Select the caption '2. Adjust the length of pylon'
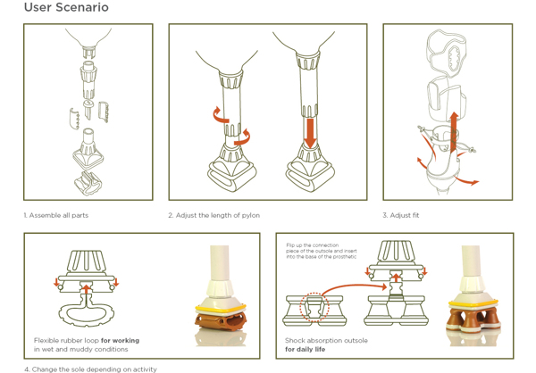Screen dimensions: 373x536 click(214, 215)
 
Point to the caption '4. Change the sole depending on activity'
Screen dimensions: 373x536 click(90, 369)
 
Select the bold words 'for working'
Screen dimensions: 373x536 click(120, 340)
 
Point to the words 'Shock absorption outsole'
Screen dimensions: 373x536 click(325, 340)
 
